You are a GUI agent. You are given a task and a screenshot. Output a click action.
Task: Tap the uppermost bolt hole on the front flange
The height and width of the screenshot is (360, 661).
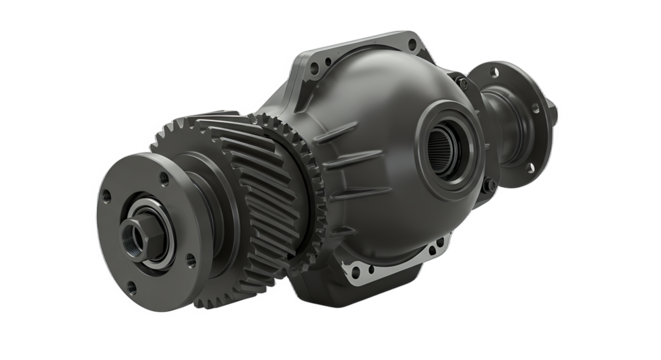(x=163, y=177)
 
